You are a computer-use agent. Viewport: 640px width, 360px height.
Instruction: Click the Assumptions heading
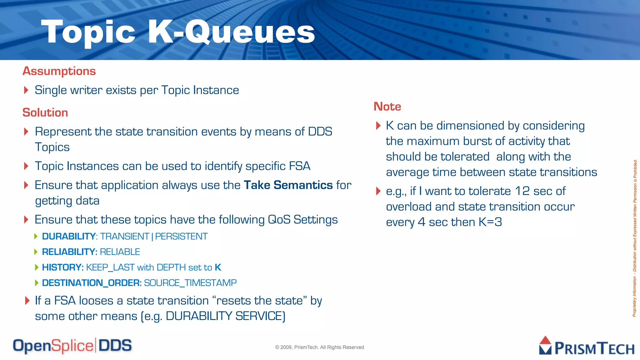click(x=59, y=71)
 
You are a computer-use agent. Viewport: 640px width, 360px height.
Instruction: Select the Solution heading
click(x=45, y=112)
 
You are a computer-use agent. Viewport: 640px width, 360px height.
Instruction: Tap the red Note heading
click(x=387, y=107)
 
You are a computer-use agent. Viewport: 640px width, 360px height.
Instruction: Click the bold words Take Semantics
click(x=288, y=185)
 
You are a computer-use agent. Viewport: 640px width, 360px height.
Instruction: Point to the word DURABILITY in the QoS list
click(x=68, y=237)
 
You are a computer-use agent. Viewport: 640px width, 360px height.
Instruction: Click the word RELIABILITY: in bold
click(x=70, y=252)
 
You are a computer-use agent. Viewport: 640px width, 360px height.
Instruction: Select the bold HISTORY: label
click(x=63, y=267)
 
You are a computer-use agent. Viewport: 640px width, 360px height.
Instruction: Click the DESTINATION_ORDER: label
click(x=92, y=283)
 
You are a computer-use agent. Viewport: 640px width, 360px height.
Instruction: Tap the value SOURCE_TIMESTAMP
click(x=190, y=283)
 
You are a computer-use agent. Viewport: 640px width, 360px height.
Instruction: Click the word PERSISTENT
click(x=181, y=237)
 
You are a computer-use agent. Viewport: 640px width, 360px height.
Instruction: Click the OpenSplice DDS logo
click(x=72, y=346)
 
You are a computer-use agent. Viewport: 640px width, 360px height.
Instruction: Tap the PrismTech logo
click(x=587, y=347)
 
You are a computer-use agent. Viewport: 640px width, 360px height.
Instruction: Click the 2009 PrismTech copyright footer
click(x=319, y=347)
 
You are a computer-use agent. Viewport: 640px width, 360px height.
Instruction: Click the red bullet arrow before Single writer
click(x=26, y=90)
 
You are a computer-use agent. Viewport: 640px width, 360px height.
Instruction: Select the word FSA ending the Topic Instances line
click(x=299, y=166)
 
